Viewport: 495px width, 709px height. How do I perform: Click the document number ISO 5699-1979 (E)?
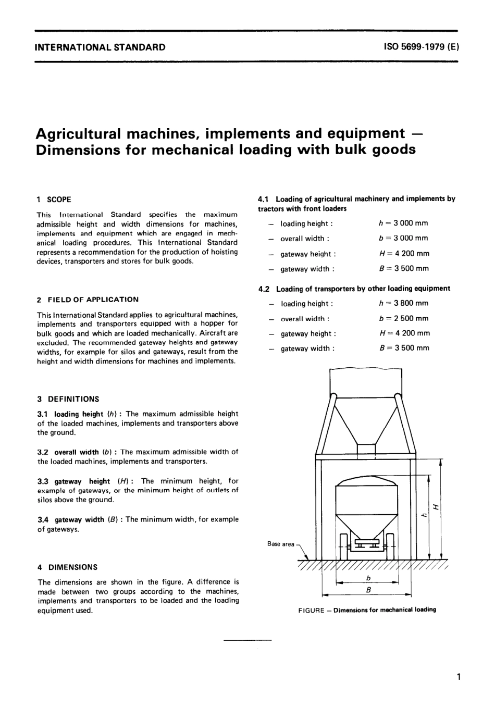(421, 47)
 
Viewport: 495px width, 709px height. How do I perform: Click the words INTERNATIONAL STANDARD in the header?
(100, 47)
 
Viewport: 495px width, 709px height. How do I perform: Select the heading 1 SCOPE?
(54, 200)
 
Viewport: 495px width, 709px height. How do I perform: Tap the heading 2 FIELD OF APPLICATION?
(88, 300)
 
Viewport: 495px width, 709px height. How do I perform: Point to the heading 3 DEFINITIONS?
(68, 399)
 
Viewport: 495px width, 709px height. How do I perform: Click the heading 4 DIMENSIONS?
(67, 567)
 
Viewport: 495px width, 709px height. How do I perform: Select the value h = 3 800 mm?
(403, 303)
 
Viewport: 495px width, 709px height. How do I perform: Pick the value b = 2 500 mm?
(403, 318)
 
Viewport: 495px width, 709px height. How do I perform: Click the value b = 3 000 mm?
(403, 238)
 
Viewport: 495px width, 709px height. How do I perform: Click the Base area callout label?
(281, 544)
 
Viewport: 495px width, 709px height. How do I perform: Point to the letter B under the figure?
(368, 590)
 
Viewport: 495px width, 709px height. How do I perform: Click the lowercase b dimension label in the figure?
(368, 578)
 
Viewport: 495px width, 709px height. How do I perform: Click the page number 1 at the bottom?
(457, 677)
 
